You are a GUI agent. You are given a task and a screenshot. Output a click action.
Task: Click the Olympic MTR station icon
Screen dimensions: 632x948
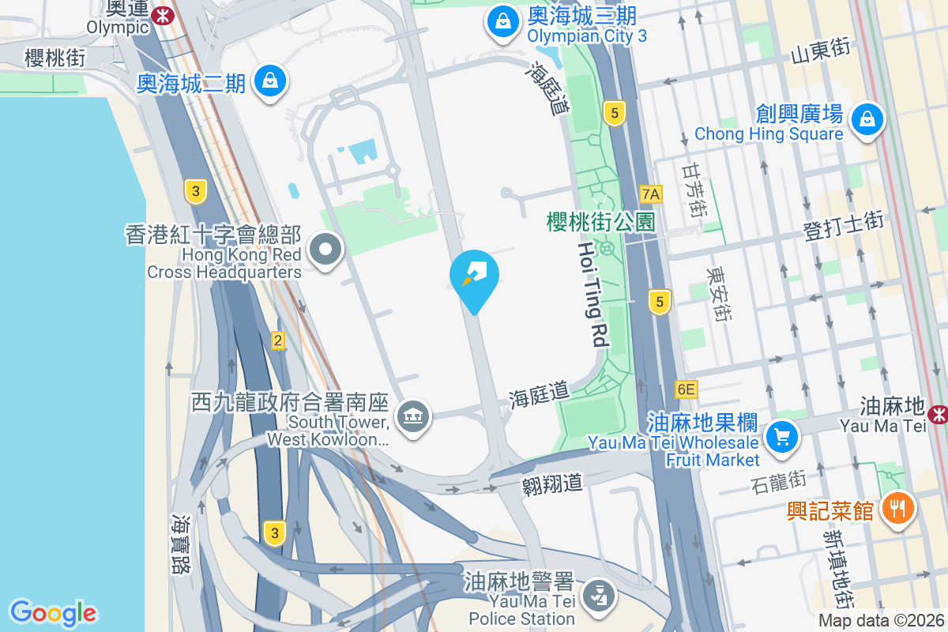[164, 14]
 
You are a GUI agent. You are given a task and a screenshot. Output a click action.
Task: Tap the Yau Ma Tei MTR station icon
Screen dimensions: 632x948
[939, 413]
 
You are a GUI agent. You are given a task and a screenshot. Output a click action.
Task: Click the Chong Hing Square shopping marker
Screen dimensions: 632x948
[867, 120]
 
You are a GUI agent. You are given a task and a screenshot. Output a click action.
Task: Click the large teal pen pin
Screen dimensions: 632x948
[474, 277]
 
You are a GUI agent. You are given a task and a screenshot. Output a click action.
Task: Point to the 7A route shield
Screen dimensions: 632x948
[650, 194]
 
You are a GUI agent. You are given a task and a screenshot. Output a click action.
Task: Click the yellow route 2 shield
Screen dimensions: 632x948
[277, 340]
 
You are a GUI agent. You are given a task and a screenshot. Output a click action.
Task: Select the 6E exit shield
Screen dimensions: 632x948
[687, 389]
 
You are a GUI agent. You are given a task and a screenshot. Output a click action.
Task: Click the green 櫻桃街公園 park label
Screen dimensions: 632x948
[600, 221]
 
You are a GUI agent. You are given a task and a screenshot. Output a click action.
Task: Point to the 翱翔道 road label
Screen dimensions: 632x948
[552, 483]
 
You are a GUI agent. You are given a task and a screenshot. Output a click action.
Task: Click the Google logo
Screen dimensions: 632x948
[54, 612]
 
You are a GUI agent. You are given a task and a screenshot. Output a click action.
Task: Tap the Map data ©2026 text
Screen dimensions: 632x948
[881, 620]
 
